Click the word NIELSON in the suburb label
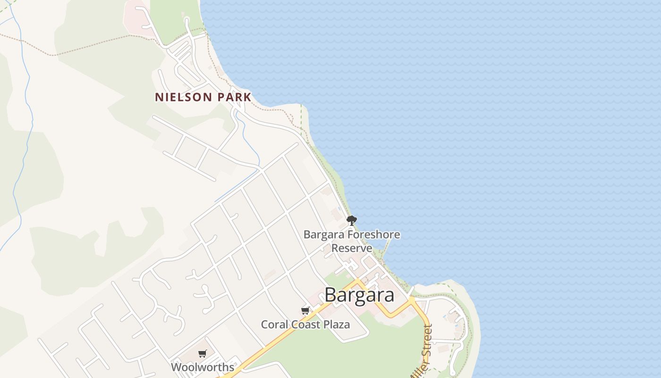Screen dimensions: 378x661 click(x=185, y=97)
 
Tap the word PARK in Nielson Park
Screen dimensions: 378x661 click(x=234, y=97)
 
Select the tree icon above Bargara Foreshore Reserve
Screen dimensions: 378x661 click(x=351, y=220)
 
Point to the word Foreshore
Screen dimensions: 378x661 click(x=374, y=234)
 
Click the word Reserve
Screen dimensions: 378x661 click(x=352, y=248)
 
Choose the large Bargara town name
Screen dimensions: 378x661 click(x=359, y=295)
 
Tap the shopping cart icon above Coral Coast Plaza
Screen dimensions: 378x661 click(x=305, y=310)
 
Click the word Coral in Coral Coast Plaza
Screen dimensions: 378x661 click(x=274, y=325)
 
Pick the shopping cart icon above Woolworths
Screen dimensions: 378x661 click(x=203, y=353)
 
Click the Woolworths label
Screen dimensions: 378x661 click(x=203, y=367)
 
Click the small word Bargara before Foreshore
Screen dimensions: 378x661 click(x=324, y=234)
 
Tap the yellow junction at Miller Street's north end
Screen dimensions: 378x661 click(x=412, y=300)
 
